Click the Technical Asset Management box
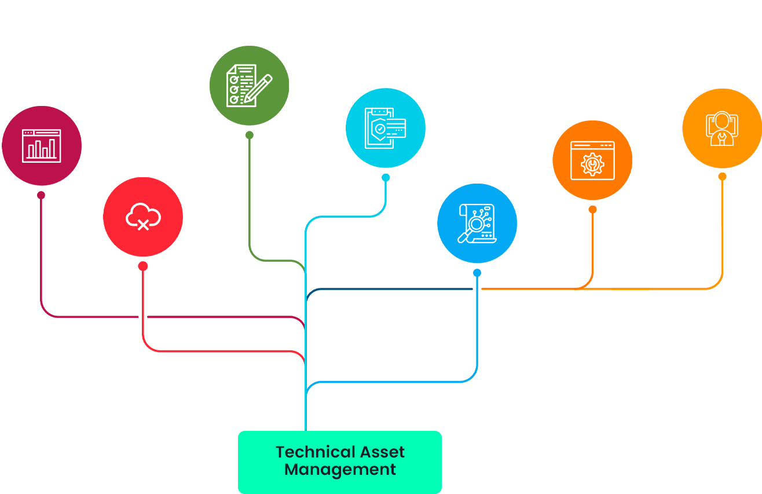point(340,461)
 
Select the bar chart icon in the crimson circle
point(41,145)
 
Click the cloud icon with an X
point(143,217)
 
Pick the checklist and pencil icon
point(249,86)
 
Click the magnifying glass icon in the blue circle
point(477,224)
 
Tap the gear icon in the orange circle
point(592,160)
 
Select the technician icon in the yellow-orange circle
point(721,129)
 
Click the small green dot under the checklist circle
point(250,135)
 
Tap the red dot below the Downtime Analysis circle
point(143,266)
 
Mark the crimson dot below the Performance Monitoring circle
point(41,195)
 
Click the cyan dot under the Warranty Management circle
point(386,177)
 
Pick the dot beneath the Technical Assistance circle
point(722,177)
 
